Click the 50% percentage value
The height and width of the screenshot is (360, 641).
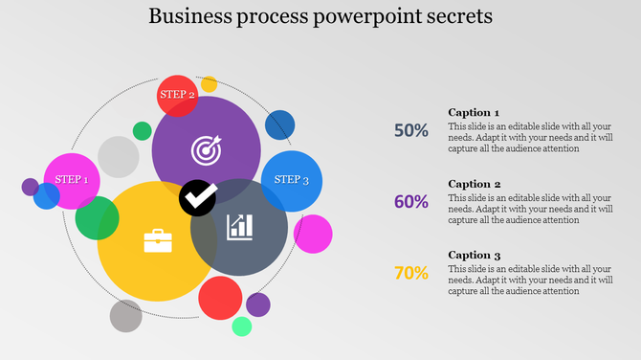click(x=411, y=130)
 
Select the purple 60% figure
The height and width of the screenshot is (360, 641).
click(x=411, y=201)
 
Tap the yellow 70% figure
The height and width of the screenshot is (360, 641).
click(x=411, y=273)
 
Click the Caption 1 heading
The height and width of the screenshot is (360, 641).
click(x=474, y=112)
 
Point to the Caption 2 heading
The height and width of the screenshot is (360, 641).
click(x=474, y=184)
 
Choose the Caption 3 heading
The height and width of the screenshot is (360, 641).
click(x=474, y=255)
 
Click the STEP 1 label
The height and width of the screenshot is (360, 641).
click(x=72, y=180)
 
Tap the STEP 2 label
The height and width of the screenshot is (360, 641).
click(x=177, y=94)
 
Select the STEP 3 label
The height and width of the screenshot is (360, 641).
click(x=291, y=180)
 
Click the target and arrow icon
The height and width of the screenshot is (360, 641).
click(x=206, y=149)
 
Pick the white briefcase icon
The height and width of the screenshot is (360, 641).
click(x=157, y=240)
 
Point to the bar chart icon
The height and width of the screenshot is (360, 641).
click(x=239, y=227)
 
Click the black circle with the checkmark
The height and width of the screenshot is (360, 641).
click(x=198, y=197)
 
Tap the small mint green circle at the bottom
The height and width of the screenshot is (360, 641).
click(x=242, y=326)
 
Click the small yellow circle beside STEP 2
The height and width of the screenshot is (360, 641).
click(x=209, y=84)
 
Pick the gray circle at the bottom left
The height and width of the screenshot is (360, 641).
click(x=125, y=315)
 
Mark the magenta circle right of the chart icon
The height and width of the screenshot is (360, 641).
click(x=314, y=235)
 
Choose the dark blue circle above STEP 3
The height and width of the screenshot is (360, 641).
click(x=279, y=124)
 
